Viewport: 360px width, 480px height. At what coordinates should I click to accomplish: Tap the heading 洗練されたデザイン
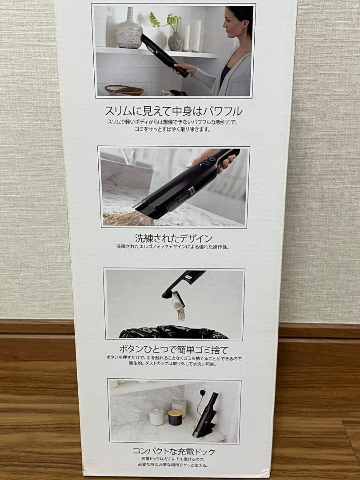click(174, 238)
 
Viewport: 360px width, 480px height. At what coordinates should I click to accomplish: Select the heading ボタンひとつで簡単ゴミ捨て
click(174, 349)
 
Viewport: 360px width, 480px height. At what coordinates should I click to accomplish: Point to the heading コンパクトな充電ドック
click(174, 452)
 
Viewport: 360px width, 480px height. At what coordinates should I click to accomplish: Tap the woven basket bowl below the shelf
click(124, 90)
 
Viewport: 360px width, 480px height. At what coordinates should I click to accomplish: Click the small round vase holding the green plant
click(175, 41)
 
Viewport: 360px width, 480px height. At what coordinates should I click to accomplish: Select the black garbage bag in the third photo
click(173, 332)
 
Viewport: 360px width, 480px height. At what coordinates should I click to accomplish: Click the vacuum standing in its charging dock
click(206, 415)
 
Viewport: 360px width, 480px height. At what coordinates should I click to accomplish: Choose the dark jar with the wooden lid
click(175, 417)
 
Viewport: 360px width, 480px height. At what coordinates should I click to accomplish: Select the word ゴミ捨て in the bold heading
click(217, 349)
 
